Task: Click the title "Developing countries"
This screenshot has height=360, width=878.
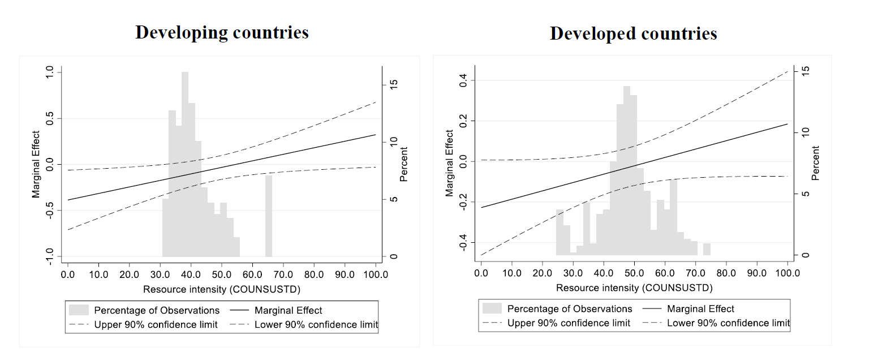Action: (x=222, y=32)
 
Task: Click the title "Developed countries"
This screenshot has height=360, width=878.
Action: (x=633, y=34)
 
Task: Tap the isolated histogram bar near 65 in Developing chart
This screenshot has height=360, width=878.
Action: (x=268, y=216)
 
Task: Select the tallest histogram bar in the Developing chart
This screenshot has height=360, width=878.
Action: (x=185, y=164)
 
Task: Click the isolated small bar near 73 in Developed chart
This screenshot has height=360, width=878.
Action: (x=707, y=249)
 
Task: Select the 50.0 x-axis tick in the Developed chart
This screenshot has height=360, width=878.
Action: (x=634, y=273)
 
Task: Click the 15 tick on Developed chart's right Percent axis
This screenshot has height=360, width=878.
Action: (x=806, y=71)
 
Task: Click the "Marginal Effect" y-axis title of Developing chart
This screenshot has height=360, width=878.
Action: (x=36, y=164)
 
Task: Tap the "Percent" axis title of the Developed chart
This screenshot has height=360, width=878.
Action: (x=815, y=163)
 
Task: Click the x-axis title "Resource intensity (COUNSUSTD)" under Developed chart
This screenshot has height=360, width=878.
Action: (x=634, y=288)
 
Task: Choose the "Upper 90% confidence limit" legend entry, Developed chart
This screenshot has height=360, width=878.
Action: (x=569, y=323)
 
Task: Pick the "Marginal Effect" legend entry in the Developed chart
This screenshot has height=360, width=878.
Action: (x=700, y=308)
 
